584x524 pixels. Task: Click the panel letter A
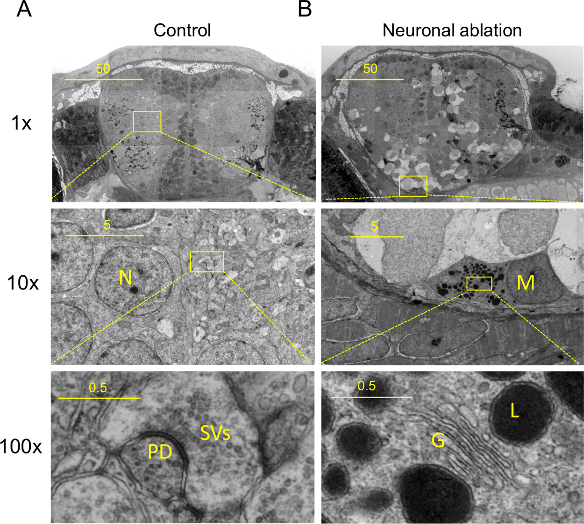click(x=24, y=9)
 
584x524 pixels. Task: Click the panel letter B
click(x=305, y=9)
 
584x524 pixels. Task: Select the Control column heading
click(x=182, y=30)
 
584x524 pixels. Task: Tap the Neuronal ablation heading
click(x=452, y=30)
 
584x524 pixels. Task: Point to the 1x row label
click(x=21, y=123)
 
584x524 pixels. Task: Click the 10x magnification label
click(x=23, y=283)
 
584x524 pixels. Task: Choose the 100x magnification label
click(x=21, y=447)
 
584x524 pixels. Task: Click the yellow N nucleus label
click(x=125, y=278)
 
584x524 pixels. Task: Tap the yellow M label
click(x=526, y=282)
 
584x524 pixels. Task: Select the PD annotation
click(x=160, y=452)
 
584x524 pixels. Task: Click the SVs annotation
click(x=215, y=433)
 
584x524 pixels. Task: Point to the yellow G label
click(x=438, y=440)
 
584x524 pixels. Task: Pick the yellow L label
click(x=514, y=411)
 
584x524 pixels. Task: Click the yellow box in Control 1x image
click(x=147, y=122)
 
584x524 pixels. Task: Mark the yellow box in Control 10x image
click(x=207, y=262)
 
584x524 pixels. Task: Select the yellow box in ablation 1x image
click(x=413, y=186)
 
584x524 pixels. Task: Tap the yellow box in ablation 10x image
click(x=479, y=283)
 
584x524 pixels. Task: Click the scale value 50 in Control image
click(x=103, y=69)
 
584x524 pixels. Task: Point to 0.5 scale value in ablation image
click(x=367, y=386)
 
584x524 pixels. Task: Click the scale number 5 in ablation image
click(x=374, y=227)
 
